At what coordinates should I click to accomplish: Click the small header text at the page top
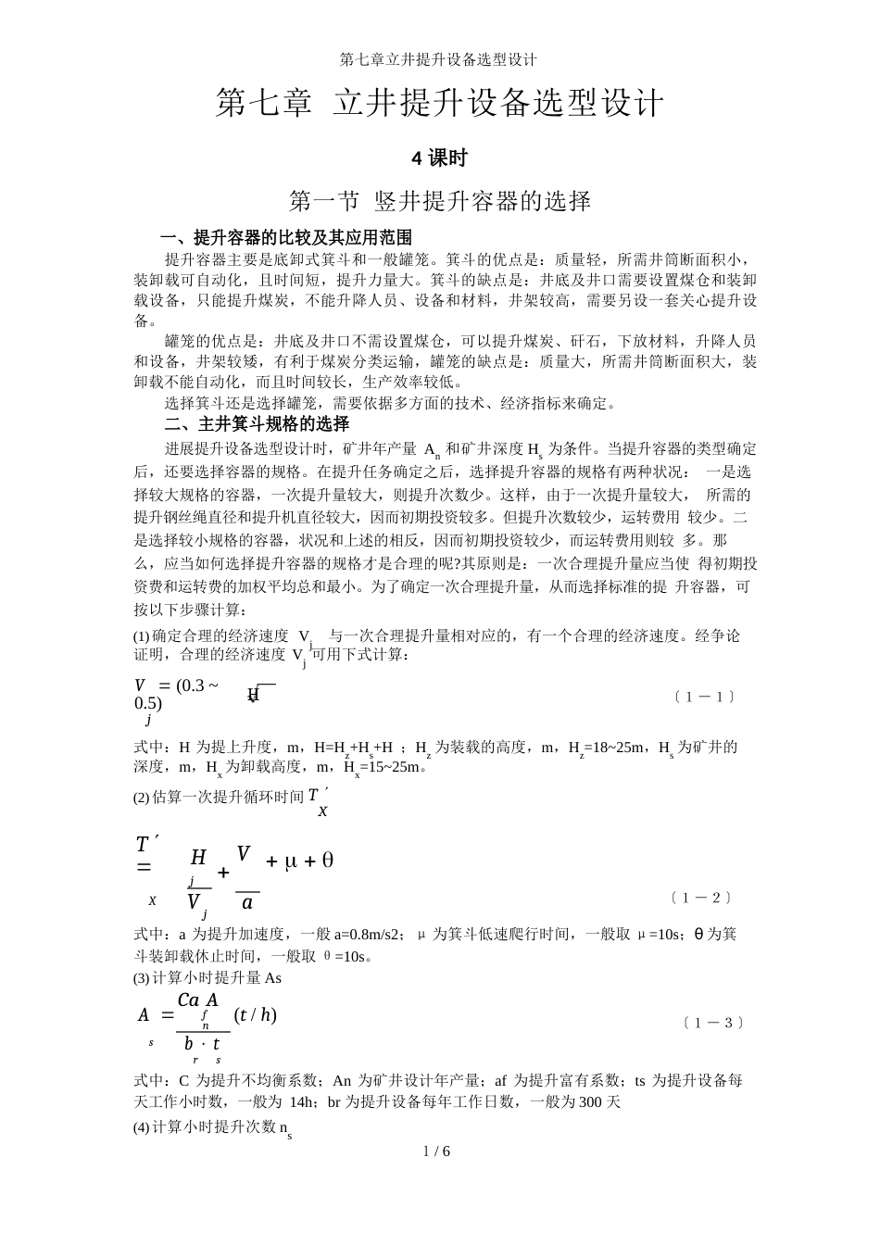pos(439,59)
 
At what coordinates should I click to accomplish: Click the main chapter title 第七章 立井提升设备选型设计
pos(440,103)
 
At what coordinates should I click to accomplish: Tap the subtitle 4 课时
pos(439,158)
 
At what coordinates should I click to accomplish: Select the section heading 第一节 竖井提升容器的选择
pos(440,200)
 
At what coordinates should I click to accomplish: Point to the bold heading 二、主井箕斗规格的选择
pos(257,424)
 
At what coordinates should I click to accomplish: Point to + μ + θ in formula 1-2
pos(300,861)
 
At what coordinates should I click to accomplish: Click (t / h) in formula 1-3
pos(256,1014)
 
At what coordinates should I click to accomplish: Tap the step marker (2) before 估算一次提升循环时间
pos(142,797)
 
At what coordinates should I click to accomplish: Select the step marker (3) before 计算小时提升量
pos(142,977)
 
